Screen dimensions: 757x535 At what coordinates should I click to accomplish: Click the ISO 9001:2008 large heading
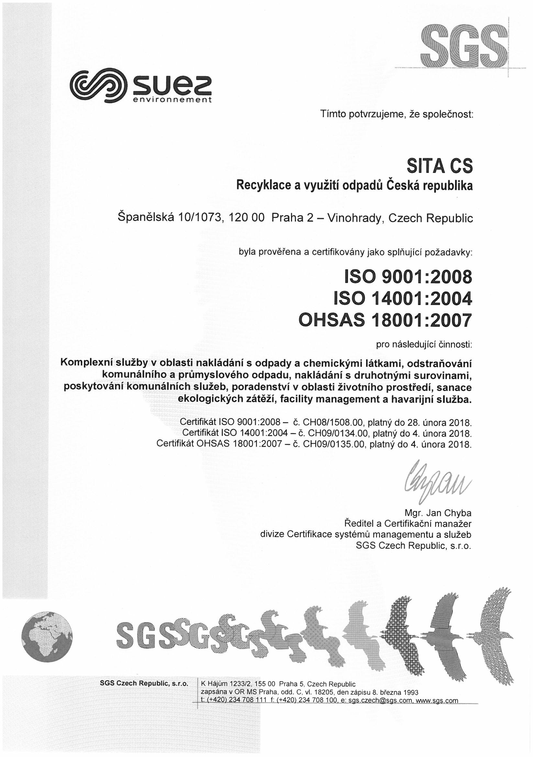pyautogui.click(x=407, y=277)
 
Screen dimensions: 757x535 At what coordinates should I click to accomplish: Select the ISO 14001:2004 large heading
pyautogui.click(x=403, y=299)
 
